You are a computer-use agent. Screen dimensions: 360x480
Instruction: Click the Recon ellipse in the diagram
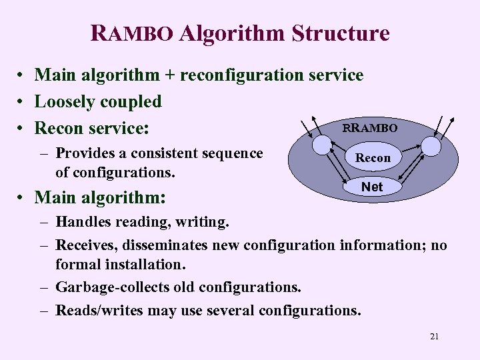point(373,158)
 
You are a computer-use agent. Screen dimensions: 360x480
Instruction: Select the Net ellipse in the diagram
point(372,187)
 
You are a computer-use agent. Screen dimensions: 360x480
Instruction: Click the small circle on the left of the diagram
point(323,146)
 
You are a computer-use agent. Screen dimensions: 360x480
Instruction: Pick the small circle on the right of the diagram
point(431,146)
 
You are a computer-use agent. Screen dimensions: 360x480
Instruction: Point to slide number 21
point(434,337)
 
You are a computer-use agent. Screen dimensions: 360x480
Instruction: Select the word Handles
point(82,221)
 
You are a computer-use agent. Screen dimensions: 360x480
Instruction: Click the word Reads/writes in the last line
point(97,310)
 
